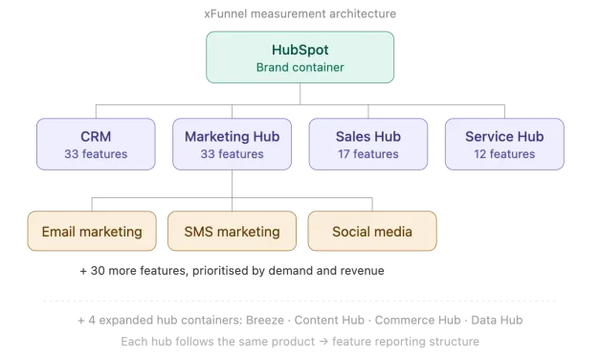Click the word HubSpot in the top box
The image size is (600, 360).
300,50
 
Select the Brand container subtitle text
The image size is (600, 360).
300,67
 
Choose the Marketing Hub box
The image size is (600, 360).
232,144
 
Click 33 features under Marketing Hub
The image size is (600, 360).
232,153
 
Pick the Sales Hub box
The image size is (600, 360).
367,144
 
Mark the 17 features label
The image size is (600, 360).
367,153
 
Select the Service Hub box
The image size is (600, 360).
504,144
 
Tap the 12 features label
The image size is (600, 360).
504,153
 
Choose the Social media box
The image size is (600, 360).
371,232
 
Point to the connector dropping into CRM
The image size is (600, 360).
94,109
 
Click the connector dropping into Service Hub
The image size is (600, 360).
504,109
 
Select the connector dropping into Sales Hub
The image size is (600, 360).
367,109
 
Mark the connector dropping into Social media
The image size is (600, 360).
371,202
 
